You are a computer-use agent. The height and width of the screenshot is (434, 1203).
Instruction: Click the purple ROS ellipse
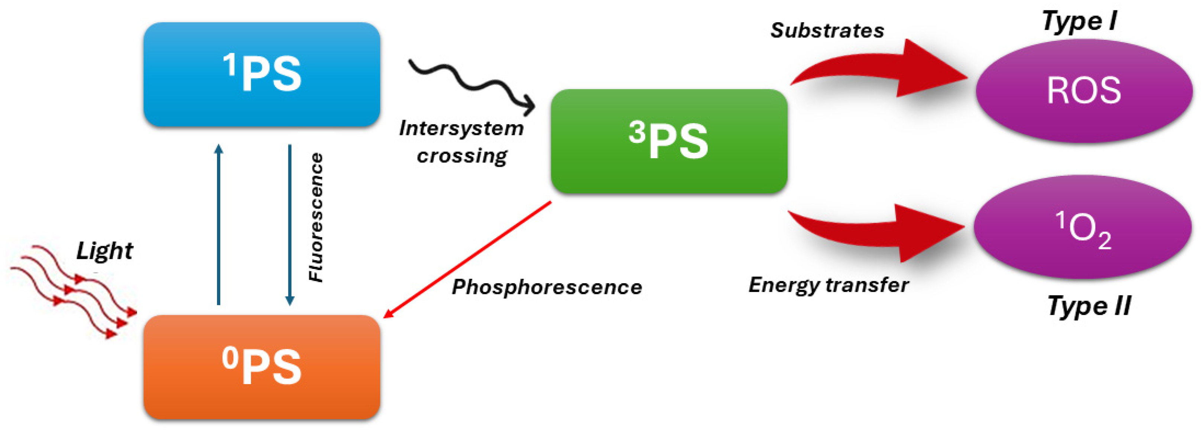pyautogui.click(x=1083, y=91)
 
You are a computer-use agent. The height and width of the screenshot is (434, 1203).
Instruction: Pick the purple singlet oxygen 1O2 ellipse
pyautogui.click(x=1083, y=227)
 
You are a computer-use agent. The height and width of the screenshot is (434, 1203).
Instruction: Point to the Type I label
pyautogui.click(x=1079, y=22)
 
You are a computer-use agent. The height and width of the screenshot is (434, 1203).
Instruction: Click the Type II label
pyautogui.click(x=1088, y=306)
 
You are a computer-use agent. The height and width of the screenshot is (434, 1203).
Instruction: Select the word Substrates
pyautogui.click(x=827, y=31)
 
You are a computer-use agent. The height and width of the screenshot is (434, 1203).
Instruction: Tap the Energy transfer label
pyautogui.click(x=828, y=285)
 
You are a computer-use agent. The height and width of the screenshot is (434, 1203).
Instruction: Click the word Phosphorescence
pyautogui.click(x=547, y=287)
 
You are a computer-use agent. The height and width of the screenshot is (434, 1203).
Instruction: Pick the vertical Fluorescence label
pyautogui.click(x=316, y=217)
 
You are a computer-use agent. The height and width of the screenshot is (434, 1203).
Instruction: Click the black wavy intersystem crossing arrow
pyautogui.click(x=472, y=84)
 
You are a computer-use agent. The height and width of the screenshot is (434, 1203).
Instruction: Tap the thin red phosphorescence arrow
pyautogui.click(x=467, y=260)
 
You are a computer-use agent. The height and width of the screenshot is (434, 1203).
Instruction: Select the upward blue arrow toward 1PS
pyautogui.click(x=218, y=224)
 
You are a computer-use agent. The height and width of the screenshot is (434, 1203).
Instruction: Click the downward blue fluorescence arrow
pyautogui.click(x=289, y=224)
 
